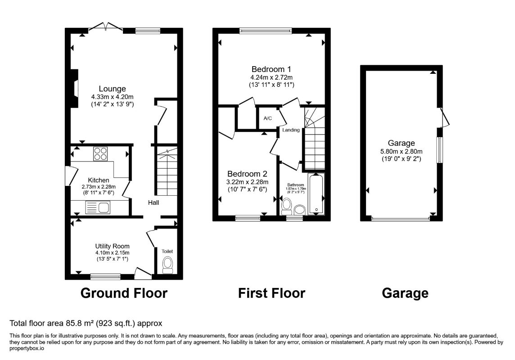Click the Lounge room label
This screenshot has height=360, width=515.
113,89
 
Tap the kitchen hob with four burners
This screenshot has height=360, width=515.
101,153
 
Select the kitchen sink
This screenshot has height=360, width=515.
98,207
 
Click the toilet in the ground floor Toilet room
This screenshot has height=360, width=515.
168,265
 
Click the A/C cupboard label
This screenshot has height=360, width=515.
268,118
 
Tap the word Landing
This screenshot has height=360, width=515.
291,130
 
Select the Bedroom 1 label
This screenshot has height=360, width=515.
271,69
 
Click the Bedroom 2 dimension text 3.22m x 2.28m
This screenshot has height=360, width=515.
247,182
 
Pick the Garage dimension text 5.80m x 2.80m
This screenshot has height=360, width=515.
402,151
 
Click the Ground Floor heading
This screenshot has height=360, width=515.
124,293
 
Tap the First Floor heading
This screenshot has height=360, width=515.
271,293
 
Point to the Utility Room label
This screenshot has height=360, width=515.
113,246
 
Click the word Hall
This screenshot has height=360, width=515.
154,202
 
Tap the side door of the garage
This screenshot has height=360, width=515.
444,117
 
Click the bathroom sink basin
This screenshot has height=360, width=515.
299,210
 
